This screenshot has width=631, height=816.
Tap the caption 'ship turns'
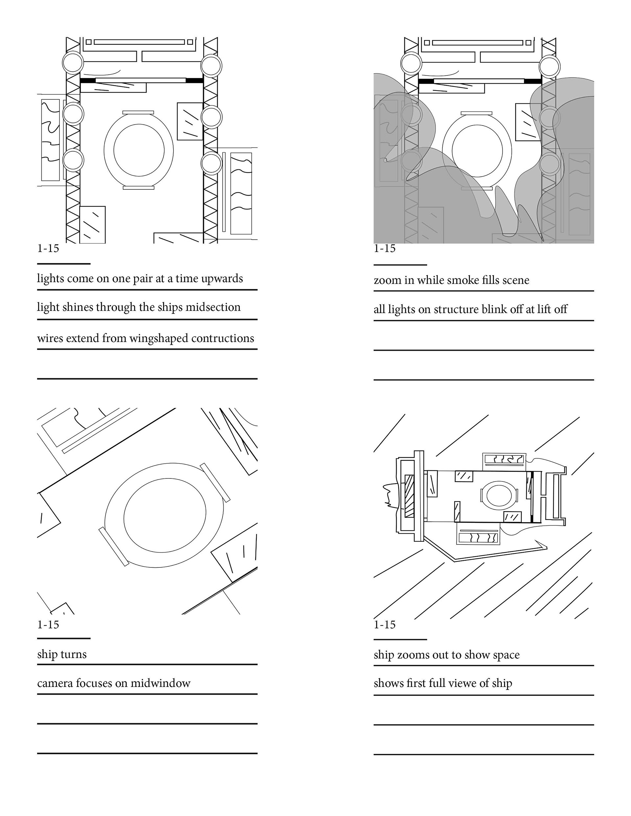(62, 654)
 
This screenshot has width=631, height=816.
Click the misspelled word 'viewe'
(463, 683)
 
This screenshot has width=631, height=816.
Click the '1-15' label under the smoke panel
(385, 249)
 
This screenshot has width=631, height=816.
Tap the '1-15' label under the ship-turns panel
(48, 624)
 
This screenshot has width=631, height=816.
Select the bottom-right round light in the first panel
(211, 163)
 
